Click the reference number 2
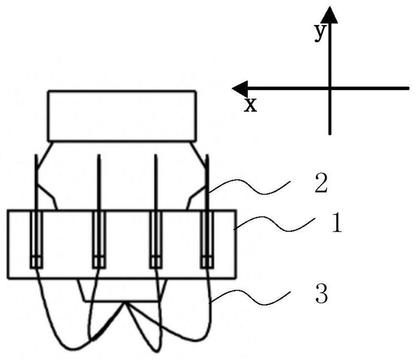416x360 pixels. coord(321,183)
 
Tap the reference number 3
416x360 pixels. coord(321,293)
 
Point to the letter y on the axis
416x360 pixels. coord(320,32)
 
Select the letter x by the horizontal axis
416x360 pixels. coord(251,105)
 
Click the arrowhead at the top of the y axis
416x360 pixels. coord(329,15)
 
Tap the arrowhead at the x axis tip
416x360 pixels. coord(240,88)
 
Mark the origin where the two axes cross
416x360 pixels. coord(330,88)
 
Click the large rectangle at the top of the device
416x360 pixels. coord(122,116)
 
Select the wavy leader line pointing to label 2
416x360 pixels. coord(250,187)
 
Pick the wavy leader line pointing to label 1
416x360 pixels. coord(275,224)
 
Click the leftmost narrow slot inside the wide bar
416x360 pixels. coord(36,239)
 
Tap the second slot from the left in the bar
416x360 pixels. coord(99,239)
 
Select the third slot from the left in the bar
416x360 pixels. coord(156,239)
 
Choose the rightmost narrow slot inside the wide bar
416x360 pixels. coord(207,239)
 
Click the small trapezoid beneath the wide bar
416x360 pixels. coord(122,290)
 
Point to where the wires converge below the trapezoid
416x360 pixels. coord(125,303)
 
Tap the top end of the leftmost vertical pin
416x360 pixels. coord(36,155)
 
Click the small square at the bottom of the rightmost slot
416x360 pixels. coord(207,262)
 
